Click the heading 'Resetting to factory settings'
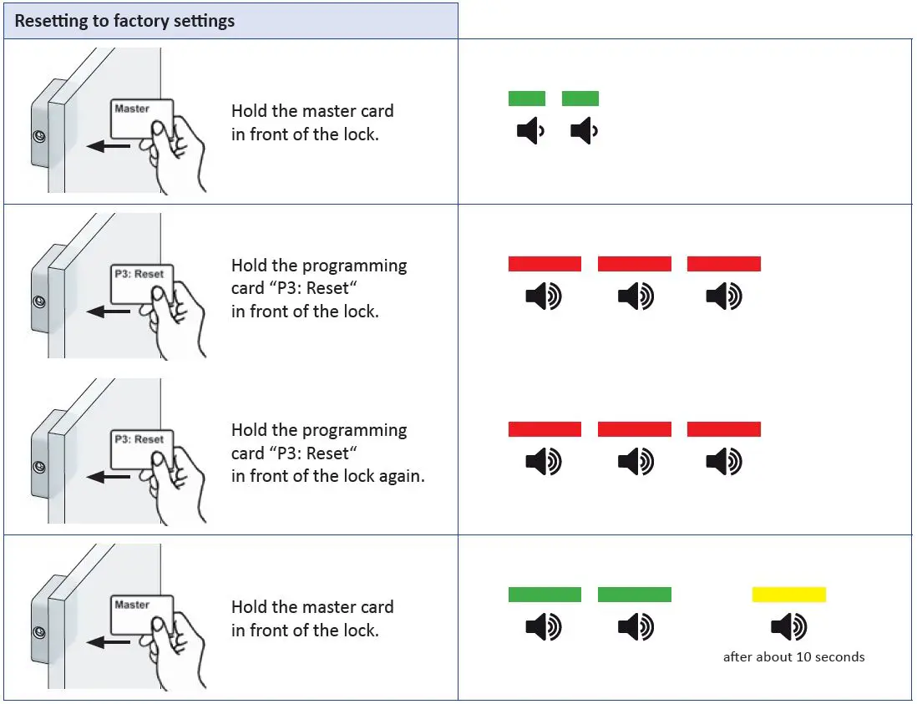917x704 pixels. (124, 21)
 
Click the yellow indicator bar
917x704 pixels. (788, 595)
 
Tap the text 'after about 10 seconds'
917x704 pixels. (793, 657)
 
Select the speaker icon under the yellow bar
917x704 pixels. (788, 626)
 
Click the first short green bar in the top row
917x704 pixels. (526, 99)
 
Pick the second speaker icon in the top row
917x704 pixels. (584, 131)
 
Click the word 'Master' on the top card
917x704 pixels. (132, 109)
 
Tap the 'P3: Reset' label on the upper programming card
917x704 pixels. (139, 274)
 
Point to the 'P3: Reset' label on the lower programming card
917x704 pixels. (139, 439)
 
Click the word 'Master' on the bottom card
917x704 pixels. (132, 605)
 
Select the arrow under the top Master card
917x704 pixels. (108, 146)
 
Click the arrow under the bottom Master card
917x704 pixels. (108, 642)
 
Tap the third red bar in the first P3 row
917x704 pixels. (723, 264)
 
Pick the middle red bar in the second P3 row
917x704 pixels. (634, 429)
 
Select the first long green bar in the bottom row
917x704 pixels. (545, 595)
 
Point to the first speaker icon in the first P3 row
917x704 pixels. (544, 296)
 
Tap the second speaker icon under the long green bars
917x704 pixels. (636, 626)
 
